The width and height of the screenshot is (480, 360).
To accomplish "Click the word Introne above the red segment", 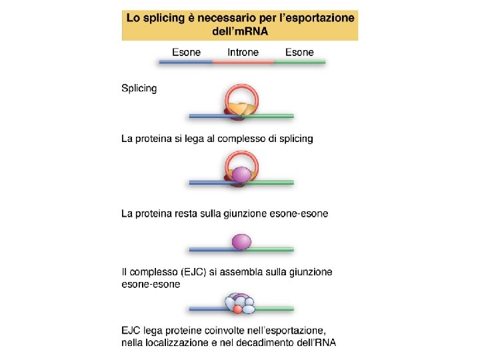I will coord(243,52).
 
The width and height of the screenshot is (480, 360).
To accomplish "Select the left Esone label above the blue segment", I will coord(187,52).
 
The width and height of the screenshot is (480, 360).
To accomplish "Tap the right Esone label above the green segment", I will coord(299,52).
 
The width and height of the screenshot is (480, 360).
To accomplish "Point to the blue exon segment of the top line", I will coord(185,61).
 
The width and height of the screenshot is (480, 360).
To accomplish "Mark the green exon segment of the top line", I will coord(299,61).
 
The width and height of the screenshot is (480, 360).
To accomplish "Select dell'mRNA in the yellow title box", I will coord(240,31).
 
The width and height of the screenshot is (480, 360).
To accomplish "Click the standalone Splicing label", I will coord(139,88).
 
